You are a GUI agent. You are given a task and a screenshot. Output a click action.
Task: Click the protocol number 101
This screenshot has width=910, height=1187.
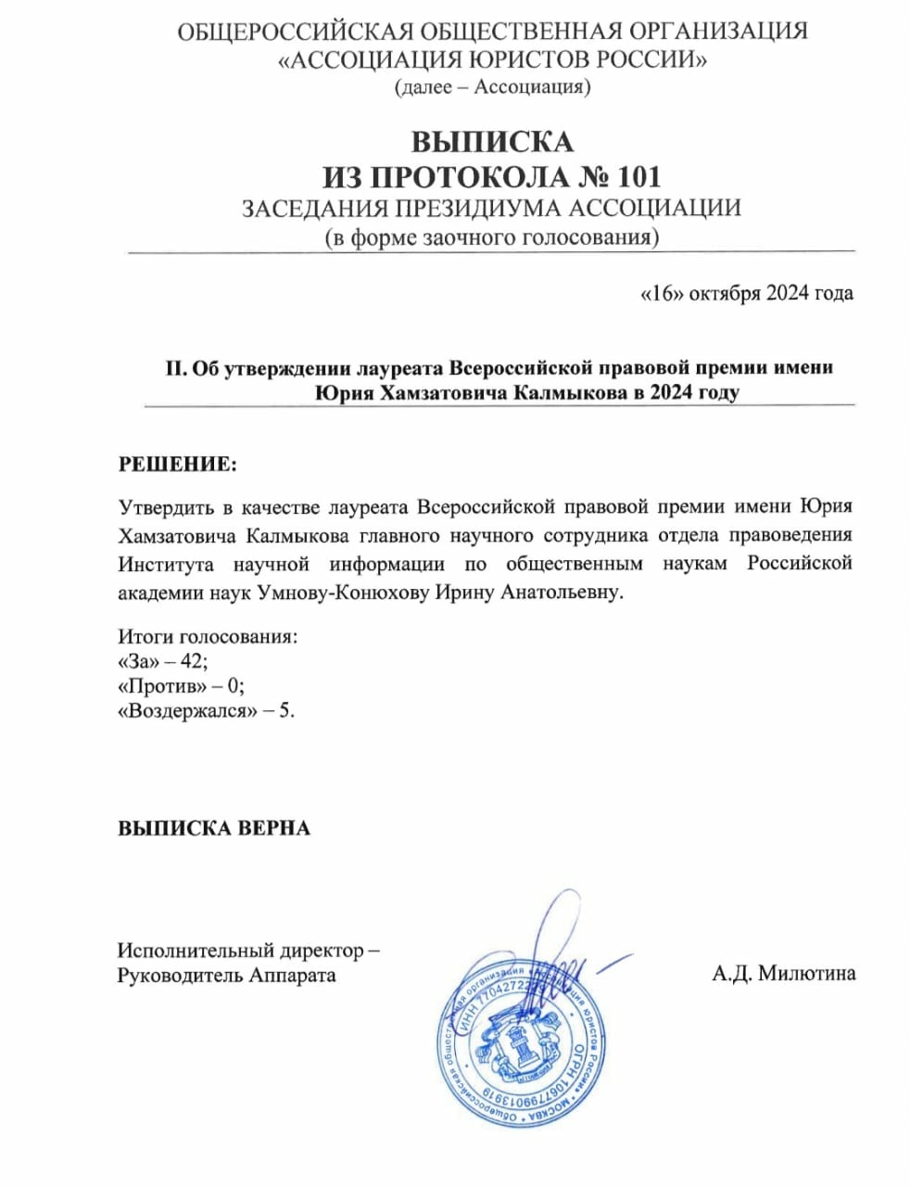pyautogui.click(x=637, y=175)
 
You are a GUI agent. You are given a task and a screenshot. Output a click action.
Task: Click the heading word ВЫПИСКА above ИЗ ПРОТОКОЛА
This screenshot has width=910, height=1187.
pyautogui.click(x=492, y=142)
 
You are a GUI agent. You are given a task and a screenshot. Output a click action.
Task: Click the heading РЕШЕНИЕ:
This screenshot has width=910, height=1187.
pyautogui.click(x=177, y=464)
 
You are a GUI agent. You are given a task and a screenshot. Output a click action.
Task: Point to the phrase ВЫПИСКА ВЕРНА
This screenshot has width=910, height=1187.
pyautogui.click(x=213, y=827)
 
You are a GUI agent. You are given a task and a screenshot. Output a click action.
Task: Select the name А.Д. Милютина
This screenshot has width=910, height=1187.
pyautogui.click(x=784, y=973)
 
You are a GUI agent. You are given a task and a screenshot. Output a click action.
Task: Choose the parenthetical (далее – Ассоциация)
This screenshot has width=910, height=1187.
pyautogui.click(x=492, y=87)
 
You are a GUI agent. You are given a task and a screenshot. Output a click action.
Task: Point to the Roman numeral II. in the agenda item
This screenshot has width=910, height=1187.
pyautogui.click(x=175, y=367)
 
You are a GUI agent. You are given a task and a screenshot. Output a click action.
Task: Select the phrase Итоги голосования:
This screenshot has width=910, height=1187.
pyautogui.click(x=208, y=637)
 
